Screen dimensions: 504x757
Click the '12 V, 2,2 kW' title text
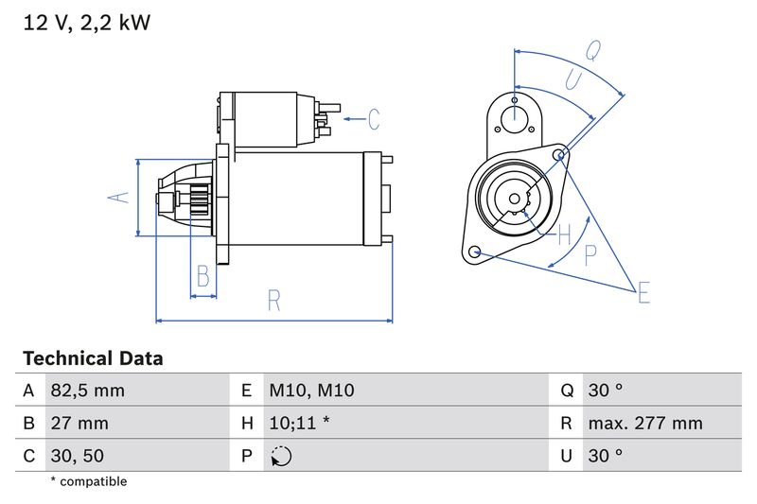86,22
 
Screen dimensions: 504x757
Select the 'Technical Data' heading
93,358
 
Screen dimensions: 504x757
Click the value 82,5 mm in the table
87,391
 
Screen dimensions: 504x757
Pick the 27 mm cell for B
79,423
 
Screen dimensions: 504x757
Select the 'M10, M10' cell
311,391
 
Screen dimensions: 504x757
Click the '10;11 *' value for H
299,423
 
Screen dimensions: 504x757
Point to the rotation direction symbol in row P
281,456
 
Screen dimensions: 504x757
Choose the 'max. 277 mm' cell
644,423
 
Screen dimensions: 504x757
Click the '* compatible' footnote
88,481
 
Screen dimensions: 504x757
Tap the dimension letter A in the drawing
116,198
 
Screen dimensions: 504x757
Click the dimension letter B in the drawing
202,276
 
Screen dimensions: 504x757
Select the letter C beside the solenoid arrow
374,119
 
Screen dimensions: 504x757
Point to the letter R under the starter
273,301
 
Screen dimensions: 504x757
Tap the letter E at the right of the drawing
643,292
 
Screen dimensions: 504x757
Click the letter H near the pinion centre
564,234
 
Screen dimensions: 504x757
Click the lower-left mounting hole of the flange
475,252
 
